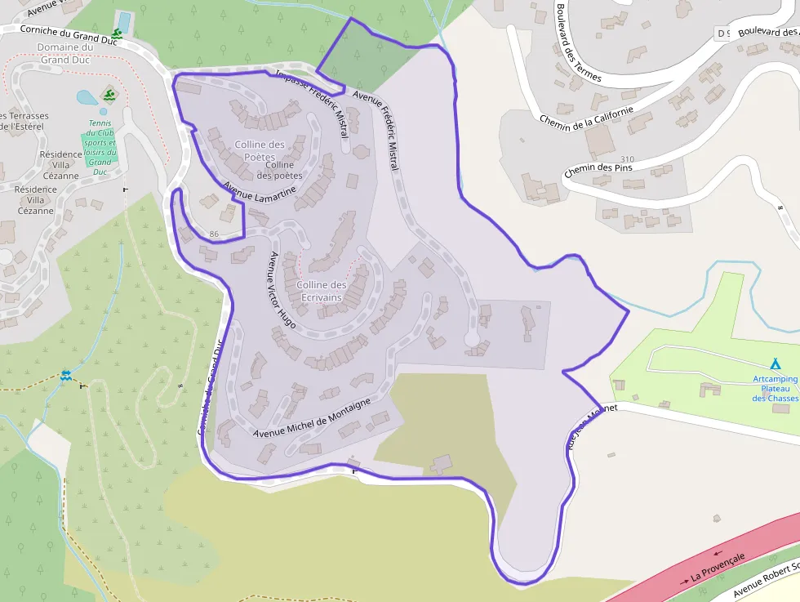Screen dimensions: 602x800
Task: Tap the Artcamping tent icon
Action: (x=775, y=363)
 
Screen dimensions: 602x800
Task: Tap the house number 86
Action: (x=214, y=234)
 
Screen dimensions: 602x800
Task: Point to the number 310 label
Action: (x=627, y=159)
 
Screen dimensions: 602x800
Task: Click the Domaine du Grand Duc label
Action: (x=65, y=53)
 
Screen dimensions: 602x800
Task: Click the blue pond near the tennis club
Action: (x=87, y=99)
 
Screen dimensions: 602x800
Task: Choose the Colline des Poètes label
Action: (x=260, y=150)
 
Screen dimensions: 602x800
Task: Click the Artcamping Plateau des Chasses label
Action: (x=775, y=388)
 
